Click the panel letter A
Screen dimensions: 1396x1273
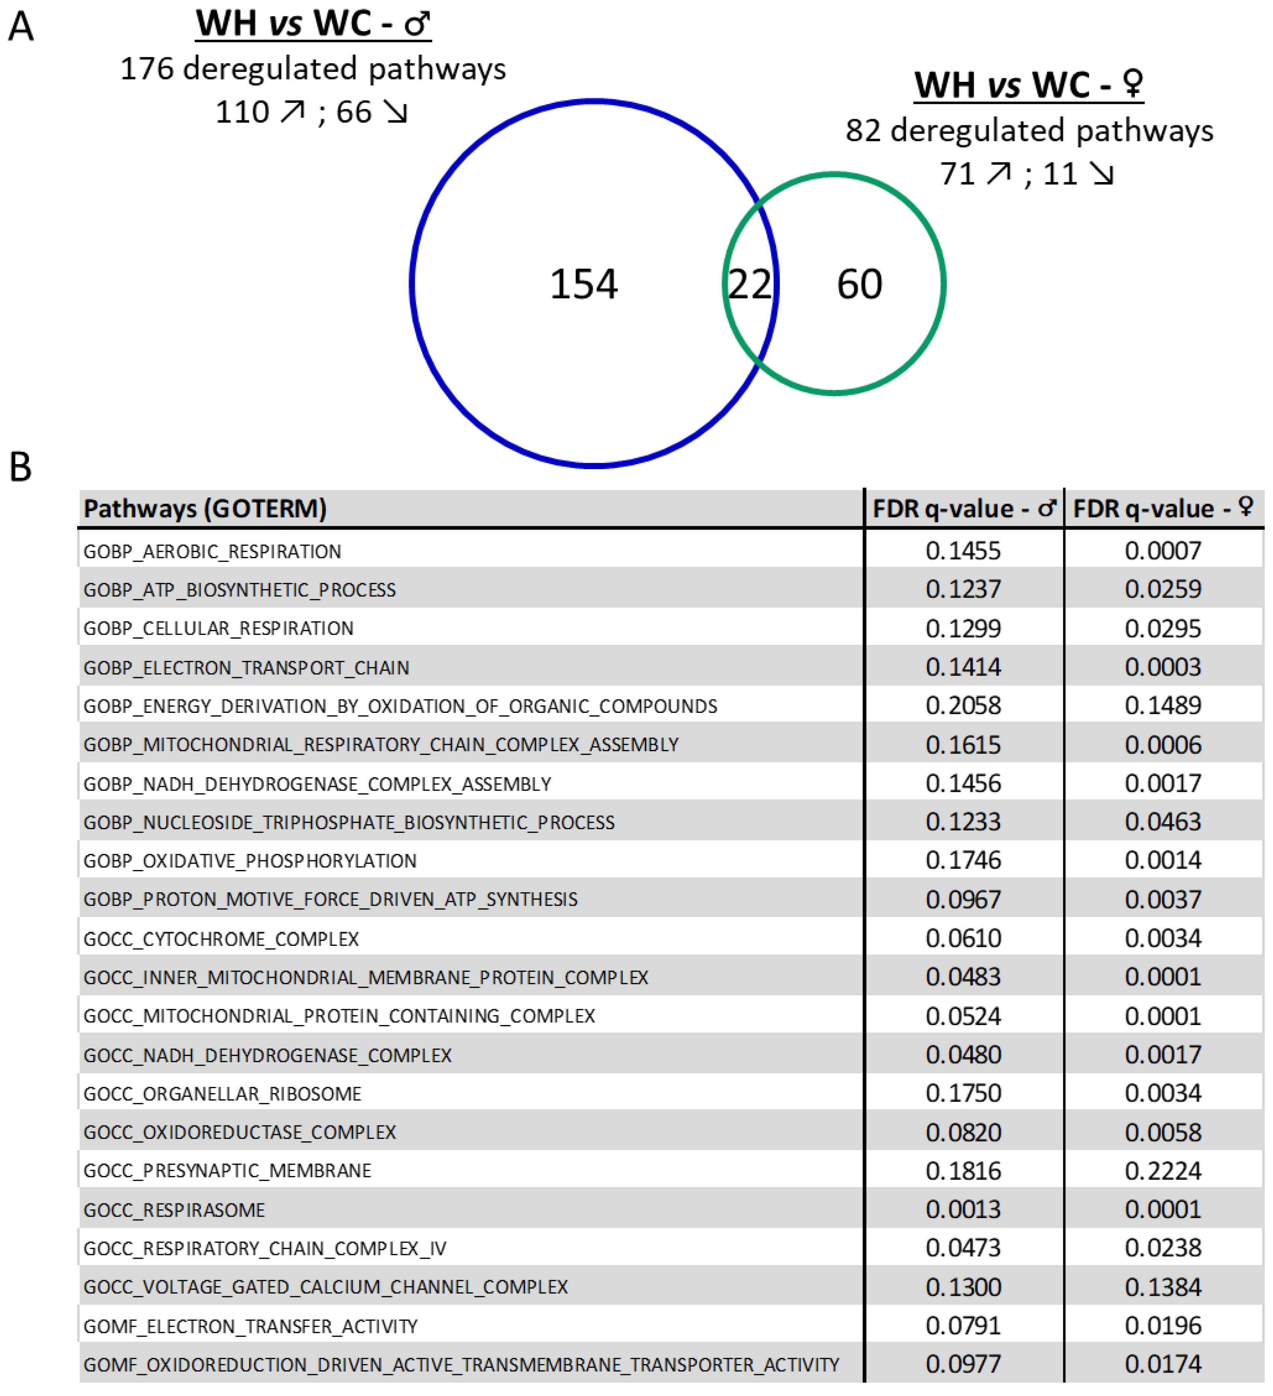click(x=21, y=28)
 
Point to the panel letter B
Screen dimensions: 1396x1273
click(x=21, y=468)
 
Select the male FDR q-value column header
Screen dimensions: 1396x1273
click(x=963, y=509)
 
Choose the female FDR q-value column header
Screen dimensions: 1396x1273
click(x=1163, y=509)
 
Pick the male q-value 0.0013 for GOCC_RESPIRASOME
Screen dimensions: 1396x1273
click(x=963, y=1210)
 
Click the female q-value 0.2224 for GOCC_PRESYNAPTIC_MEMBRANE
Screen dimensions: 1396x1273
click(x=1163, y=1171)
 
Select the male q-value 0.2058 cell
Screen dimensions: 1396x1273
click(x=963, y=706)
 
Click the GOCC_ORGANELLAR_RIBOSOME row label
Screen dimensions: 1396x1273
click(x=222, y=1094)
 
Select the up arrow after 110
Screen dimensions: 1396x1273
click(x=292, y=111)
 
